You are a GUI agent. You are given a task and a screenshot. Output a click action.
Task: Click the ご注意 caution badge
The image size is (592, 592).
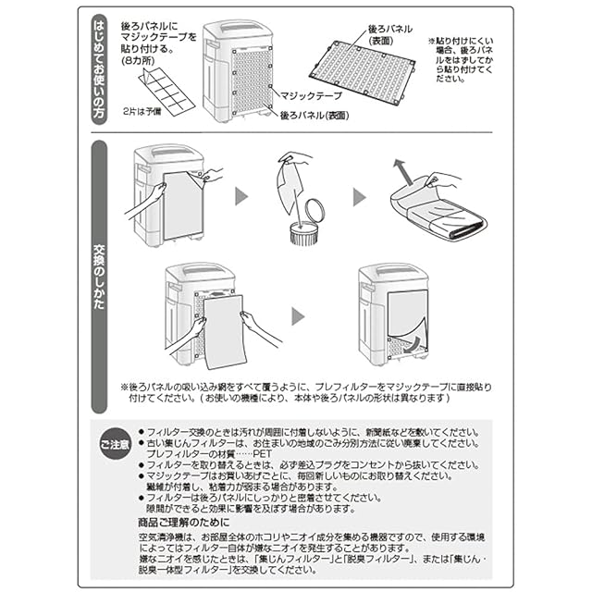tap(114, 445)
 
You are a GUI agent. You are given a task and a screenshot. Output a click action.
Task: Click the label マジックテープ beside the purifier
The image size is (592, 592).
tap(312, 95)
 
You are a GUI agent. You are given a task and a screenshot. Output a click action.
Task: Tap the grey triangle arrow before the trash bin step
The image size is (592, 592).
tap(240, 197)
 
